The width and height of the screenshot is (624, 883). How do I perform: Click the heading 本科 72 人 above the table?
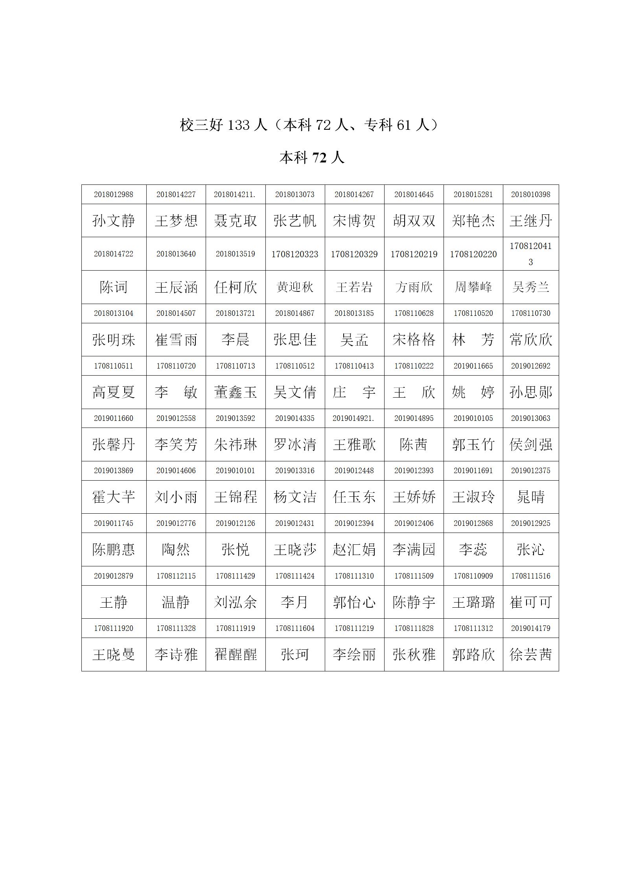pos(312,158)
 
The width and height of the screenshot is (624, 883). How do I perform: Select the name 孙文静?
pos(114,221)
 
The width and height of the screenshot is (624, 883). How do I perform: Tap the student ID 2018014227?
pos(176,194)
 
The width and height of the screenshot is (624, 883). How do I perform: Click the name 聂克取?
pos(235,221)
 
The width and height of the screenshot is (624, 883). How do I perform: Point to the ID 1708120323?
pos(295,254)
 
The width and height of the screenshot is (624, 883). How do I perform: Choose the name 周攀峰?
pos(473,287)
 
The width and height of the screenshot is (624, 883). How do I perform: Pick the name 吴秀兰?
pos(530,287)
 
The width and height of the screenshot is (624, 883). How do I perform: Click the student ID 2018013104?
pos(114,313)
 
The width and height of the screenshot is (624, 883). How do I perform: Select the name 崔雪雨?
pos(176,340)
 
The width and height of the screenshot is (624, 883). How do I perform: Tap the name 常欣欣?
pos(530,340)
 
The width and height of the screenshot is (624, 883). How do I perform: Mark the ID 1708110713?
pos(235,366)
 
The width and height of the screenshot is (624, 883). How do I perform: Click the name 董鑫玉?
pos(235,392)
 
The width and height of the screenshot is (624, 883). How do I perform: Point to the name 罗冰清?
pos(295,445)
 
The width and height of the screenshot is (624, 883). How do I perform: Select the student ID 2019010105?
pos(473,418)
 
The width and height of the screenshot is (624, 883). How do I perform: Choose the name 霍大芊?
pos(114,497)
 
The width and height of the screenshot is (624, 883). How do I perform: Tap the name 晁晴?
pos(530,497)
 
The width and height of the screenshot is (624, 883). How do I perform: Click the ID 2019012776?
pos(176,524)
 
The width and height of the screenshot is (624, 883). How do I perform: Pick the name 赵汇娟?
pos(354,549)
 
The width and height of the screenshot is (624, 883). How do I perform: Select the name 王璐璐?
pos(473,602)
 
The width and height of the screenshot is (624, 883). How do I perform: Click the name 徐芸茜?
pos(530,654)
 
